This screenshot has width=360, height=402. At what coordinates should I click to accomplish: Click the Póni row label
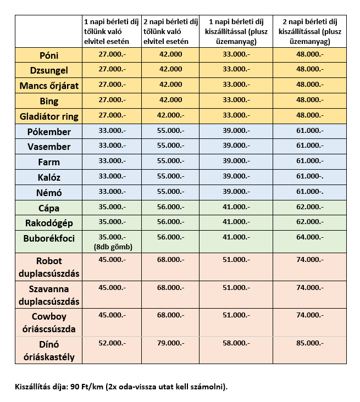[49, 56]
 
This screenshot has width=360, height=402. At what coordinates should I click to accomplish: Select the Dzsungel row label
[49, 71]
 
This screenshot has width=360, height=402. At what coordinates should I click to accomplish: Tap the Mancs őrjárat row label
[49, 86]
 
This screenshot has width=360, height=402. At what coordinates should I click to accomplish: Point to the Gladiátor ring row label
[49, 116]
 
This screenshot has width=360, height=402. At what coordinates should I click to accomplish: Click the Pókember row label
[49, 132]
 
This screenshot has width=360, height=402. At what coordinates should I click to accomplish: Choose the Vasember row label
[49, 147]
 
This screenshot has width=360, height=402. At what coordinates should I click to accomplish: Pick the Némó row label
[49, 193]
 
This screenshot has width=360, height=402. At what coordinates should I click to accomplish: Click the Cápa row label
[49, 208]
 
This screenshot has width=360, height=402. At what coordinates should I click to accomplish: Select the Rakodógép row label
[49, 223]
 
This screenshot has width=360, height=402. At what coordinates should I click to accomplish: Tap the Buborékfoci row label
[49, 238]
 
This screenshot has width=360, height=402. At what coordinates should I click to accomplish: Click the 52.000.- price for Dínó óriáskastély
[112, 343]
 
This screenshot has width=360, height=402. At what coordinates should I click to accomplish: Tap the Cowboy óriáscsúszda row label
[49, 323]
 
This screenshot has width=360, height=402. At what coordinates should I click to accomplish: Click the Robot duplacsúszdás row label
[49, 267]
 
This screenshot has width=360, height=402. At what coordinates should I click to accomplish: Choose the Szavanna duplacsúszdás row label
[49, 295]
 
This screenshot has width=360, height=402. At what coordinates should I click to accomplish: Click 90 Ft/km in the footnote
[82, 387]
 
